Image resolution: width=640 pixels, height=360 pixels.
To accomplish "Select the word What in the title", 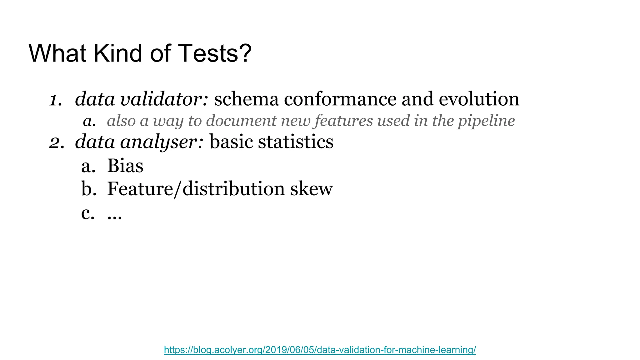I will click(57, 53).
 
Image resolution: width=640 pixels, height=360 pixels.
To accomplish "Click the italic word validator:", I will click(164, 99).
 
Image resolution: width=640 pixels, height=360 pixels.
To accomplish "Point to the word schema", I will click(246, 99).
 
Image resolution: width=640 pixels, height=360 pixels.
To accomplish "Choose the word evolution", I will click(479, 99).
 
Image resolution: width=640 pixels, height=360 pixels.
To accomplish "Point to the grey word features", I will click(344, 121).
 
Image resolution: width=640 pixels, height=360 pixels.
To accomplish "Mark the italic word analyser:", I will click(162, 142).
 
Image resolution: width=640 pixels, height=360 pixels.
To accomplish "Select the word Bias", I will click(125, 166).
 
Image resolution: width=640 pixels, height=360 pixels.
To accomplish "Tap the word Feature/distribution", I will click(196, 189).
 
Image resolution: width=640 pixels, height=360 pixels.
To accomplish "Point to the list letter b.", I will click(88, 189).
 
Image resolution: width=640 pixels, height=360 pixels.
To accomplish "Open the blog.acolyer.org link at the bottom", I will click(320, 350).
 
